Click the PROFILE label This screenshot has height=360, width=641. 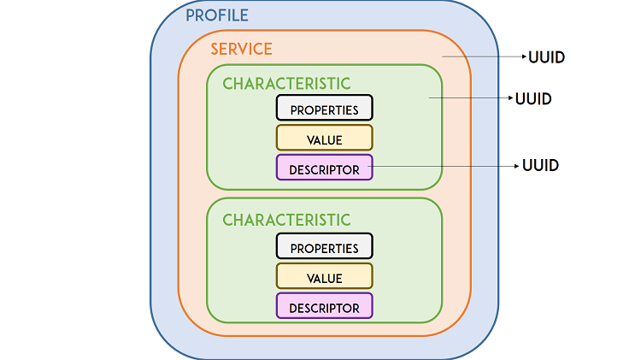tap(217, 15)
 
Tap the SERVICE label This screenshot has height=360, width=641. tap(242, 49)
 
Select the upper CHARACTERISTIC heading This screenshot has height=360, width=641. tap(286, 83)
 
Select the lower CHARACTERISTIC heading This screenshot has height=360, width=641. tap(286, 220)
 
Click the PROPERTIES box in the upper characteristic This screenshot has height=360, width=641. tap(324, 109)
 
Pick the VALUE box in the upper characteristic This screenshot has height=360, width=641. tap(324, 139)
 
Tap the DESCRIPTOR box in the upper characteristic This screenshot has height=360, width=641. tap(324, 168)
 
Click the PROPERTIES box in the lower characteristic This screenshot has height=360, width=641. tap(324, 247)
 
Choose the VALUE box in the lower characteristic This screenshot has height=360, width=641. tap(324, 277)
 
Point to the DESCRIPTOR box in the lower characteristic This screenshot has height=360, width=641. tap(324, 307)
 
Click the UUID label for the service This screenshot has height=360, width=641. tap(547, 58)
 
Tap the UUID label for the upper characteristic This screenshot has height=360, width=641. tap(533, 98)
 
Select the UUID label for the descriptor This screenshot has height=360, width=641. tap(540, 165)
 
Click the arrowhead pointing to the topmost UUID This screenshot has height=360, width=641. tap(524, 57)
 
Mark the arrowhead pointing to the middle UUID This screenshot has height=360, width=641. tap(509, 98)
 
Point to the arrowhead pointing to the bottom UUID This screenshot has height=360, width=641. tap(515, 165)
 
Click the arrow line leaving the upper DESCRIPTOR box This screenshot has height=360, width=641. tap(444, 165)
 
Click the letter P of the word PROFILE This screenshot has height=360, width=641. tap(191, 15)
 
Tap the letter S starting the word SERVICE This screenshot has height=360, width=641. tap(215, 49)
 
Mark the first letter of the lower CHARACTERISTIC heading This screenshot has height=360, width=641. tap(228, 220)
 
